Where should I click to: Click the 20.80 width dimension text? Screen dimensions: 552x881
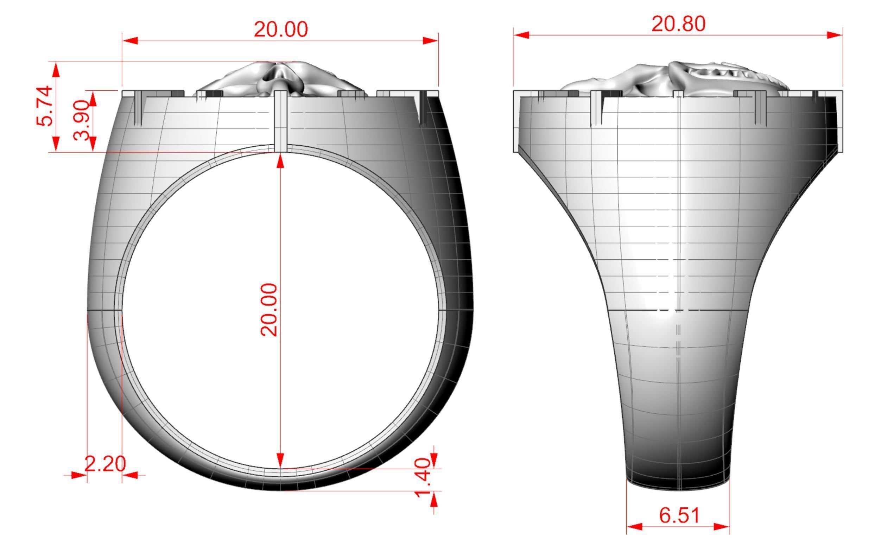pos(678,24)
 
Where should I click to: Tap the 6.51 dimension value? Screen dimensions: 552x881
pos(679,515)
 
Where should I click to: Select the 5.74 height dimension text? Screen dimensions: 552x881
pos(45,106)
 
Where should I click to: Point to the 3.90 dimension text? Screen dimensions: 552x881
pos(81,120)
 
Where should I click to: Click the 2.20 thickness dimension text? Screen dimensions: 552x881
pos(105,464)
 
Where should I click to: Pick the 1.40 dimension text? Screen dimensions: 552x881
pos(423,478)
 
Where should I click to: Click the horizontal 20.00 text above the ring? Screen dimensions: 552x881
pos(280,29)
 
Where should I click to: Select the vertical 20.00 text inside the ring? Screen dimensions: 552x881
pos(269,310)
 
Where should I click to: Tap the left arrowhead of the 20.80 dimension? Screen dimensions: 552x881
pos(521,35)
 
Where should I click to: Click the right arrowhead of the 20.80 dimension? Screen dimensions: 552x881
pos(835,35)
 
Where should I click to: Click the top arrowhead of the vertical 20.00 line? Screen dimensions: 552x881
pos(280,161)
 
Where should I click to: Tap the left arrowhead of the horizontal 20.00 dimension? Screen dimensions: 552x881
pos(130,40)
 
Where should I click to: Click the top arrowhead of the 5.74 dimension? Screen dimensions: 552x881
pos(56,69)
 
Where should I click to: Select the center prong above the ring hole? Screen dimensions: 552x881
pos(280,120)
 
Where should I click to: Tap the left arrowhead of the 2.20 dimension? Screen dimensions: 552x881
pos(79,475)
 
